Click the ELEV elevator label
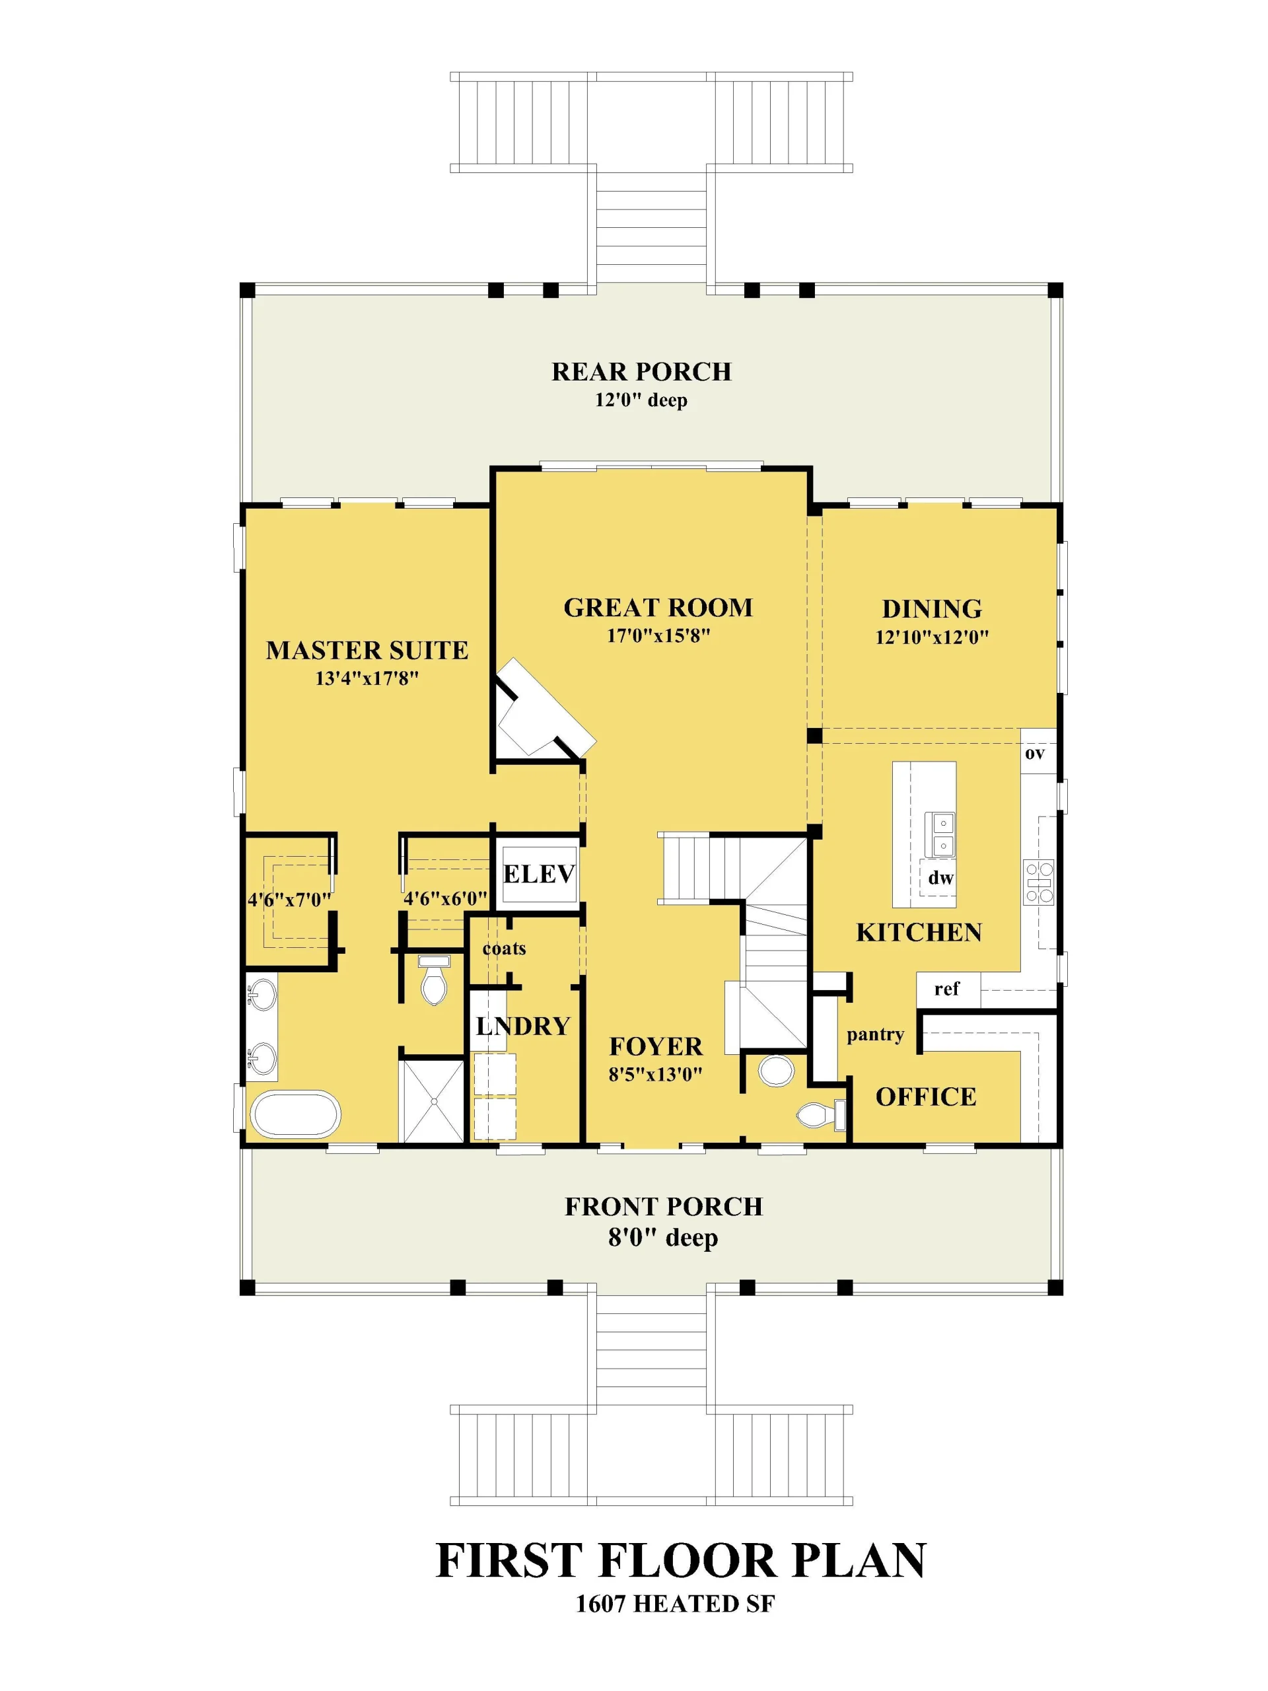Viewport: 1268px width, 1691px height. [x=538, y=874]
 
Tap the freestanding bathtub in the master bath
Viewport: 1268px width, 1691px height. [x=295, y=1114]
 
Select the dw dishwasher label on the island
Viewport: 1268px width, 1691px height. [x=940, y=878]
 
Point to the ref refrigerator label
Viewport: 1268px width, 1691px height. [x=946, y=988]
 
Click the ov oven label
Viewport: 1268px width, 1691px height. [x=1034, y=753]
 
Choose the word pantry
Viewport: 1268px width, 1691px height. [x=875, y=1035]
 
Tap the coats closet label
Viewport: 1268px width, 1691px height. [x=504, y=949]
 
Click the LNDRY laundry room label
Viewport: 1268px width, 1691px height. [x=523, y=1026]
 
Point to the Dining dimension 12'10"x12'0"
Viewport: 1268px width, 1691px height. [x=932, y=637]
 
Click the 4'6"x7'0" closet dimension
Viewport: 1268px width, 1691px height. [x=289, y=899]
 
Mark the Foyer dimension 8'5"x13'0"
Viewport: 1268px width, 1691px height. [x=655, y=1074]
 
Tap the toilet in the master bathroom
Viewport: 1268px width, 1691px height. [x=434, y=980]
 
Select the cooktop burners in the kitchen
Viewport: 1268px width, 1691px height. [x=1039, y=884]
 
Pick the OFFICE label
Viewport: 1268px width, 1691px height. [x=926, y=1097]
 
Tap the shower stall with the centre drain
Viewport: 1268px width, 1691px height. [x=433, y=1101]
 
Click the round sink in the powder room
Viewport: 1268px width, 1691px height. [x=776, y=1071]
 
